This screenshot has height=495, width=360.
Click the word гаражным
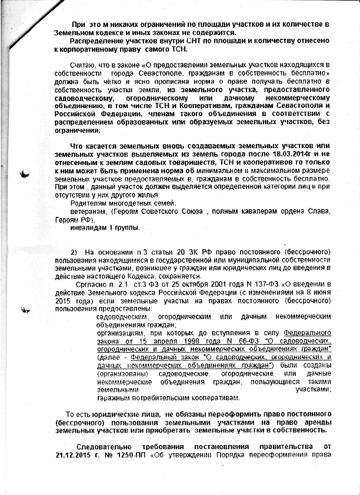(115, 397)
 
